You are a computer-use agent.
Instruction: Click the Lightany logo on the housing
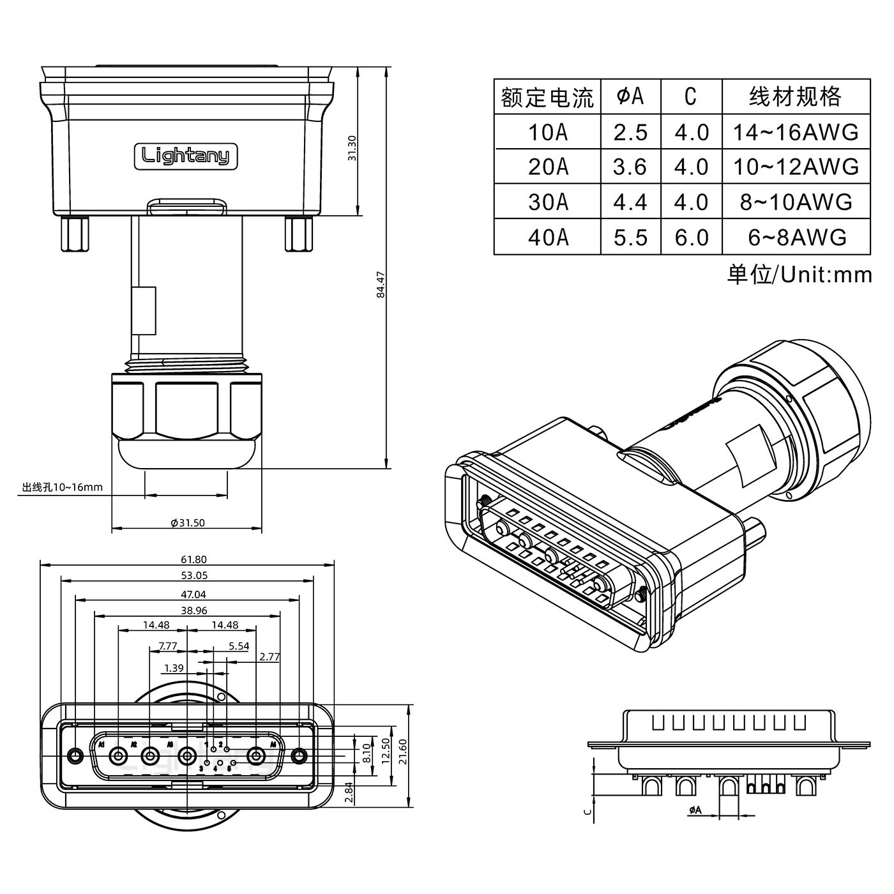(x=185, y=156)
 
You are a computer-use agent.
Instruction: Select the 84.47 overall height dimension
(x=381, y=285)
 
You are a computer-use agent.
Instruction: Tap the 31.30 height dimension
(x=352, y=148)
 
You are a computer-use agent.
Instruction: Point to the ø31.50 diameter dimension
(x=188, y=522)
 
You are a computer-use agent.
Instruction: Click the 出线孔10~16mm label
(x=62, y=488)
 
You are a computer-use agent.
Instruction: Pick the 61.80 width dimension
(x=194, y=559)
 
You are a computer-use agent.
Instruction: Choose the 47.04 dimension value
(x=193, y=594)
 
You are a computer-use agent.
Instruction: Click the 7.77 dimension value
(x=167, y=646)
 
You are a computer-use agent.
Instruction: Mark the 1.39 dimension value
(x=174, y=668)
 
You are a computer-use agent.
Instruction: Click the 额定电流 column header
(x=547, y=97)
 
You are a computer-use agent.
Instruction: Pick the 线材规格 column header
(x=795, y=97)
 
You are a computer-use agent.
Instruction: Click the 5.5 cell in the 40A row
(x=630, y=238)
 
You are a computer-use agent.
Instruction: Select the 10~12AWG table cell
(x=795, y=167)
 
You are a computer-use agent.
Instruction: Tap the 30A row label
(x=547, y=202)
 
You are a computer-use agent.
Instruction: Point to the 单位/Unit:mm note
(x=799, y=275)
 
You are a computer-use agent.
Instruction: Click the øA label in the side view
(x=695, y=810)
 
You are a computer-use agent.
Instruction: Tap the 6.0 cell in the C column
(x=692, y=238)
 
